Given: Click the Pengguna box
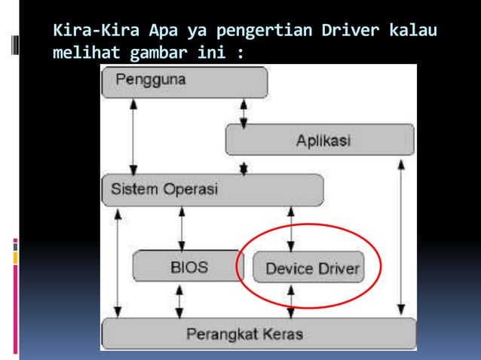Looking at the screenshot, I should pyautogui.click(x=184, y=81).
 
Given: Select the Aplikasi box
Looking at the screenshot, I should pyautogui.click(x=320, y=140).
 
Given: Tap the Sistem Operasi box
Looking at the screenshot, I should pyautogui.click(x=212, y=190).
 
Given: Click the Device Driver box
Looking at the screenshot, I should pyautogui.click(x=308, y=268).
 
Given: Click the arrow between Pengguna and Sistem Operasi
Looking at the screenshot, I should pyautogui.click(x=133, y=136).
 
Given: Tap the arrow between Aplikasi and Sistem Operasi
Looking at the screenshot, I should pyautogui.click(x=243, y=166).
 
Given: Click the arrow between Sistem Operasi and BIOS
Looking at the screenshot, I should pyautogui.click(x=181, y=227).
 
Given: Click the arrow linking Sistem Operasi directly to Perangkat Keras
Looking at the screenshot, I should pyautogui.click(x=117, y=260).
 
